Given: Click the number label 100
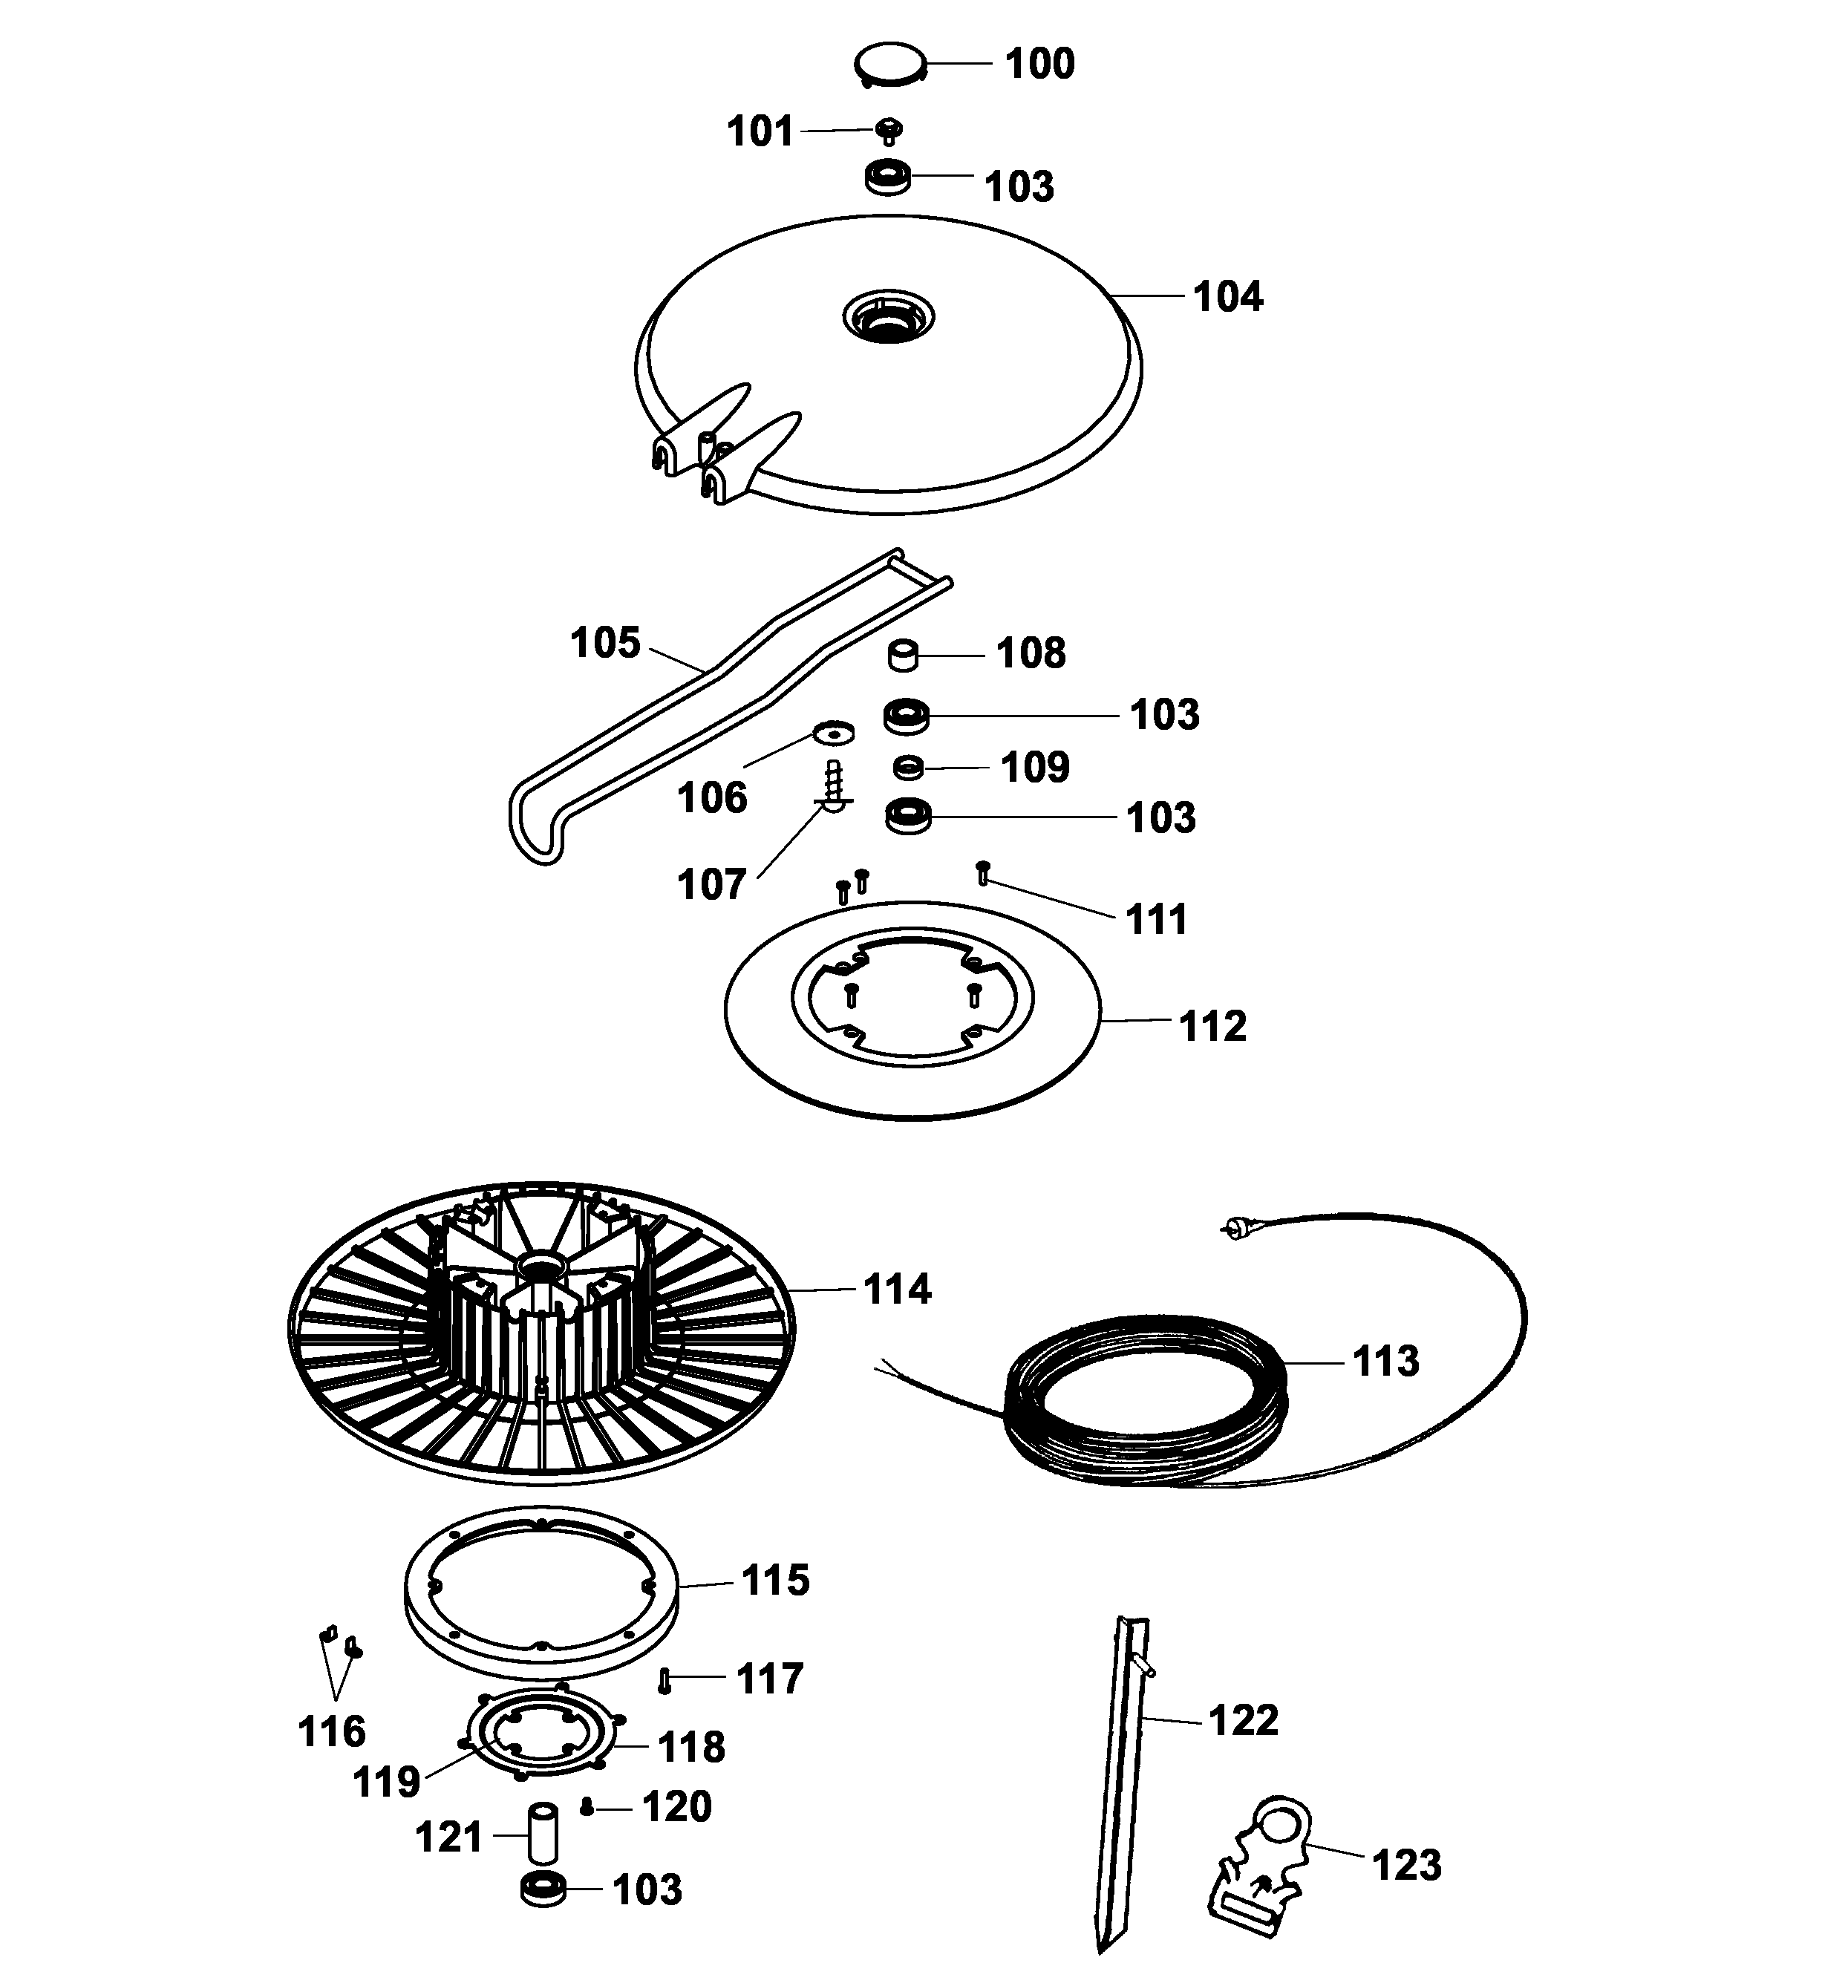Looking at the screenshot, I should coord(1039,64).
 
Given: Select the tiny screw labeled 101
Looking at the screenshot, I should coord(890,130).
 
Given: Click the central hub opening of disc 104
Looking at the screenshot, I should coord(888,319).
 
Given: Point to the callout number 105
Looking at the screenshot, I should coord(605,643).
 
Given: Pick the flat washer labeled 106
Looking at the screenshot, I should coord(834,734).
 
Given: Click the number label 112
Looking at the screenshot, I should coord(1212,1027).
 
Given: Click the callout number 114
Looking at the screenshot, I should coord(897,1289).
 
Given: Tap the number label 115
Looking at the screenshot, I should coord(775,1580).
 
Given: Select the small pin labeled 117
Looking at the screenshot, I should coord(665,1679).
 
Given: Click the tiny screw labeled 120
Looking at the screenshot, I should coord(587,1806).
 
